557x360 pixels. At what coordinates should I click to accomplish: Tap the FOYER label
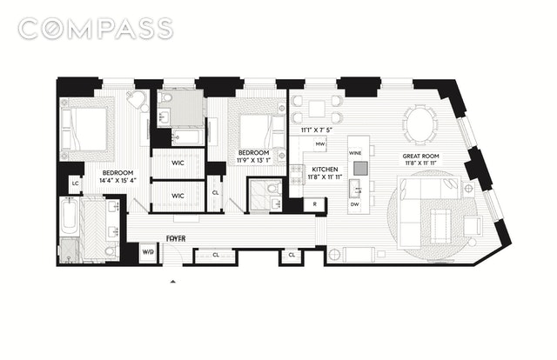(x=179, y=237)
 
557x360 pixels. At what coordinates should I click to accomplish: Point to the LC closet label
(x=75, y=184)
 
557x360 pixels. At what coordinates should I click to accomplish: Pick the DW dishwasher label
(x=355, y=205)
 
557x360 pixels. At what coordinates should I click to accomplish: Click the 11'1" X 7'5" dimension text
(x=315, y=130)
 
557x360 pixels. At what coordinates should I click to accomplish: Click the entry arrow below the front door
(x=174, y=283)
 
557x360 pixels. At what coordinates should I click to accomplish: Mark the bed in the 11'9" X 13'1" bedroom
(x=258, y=132)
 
